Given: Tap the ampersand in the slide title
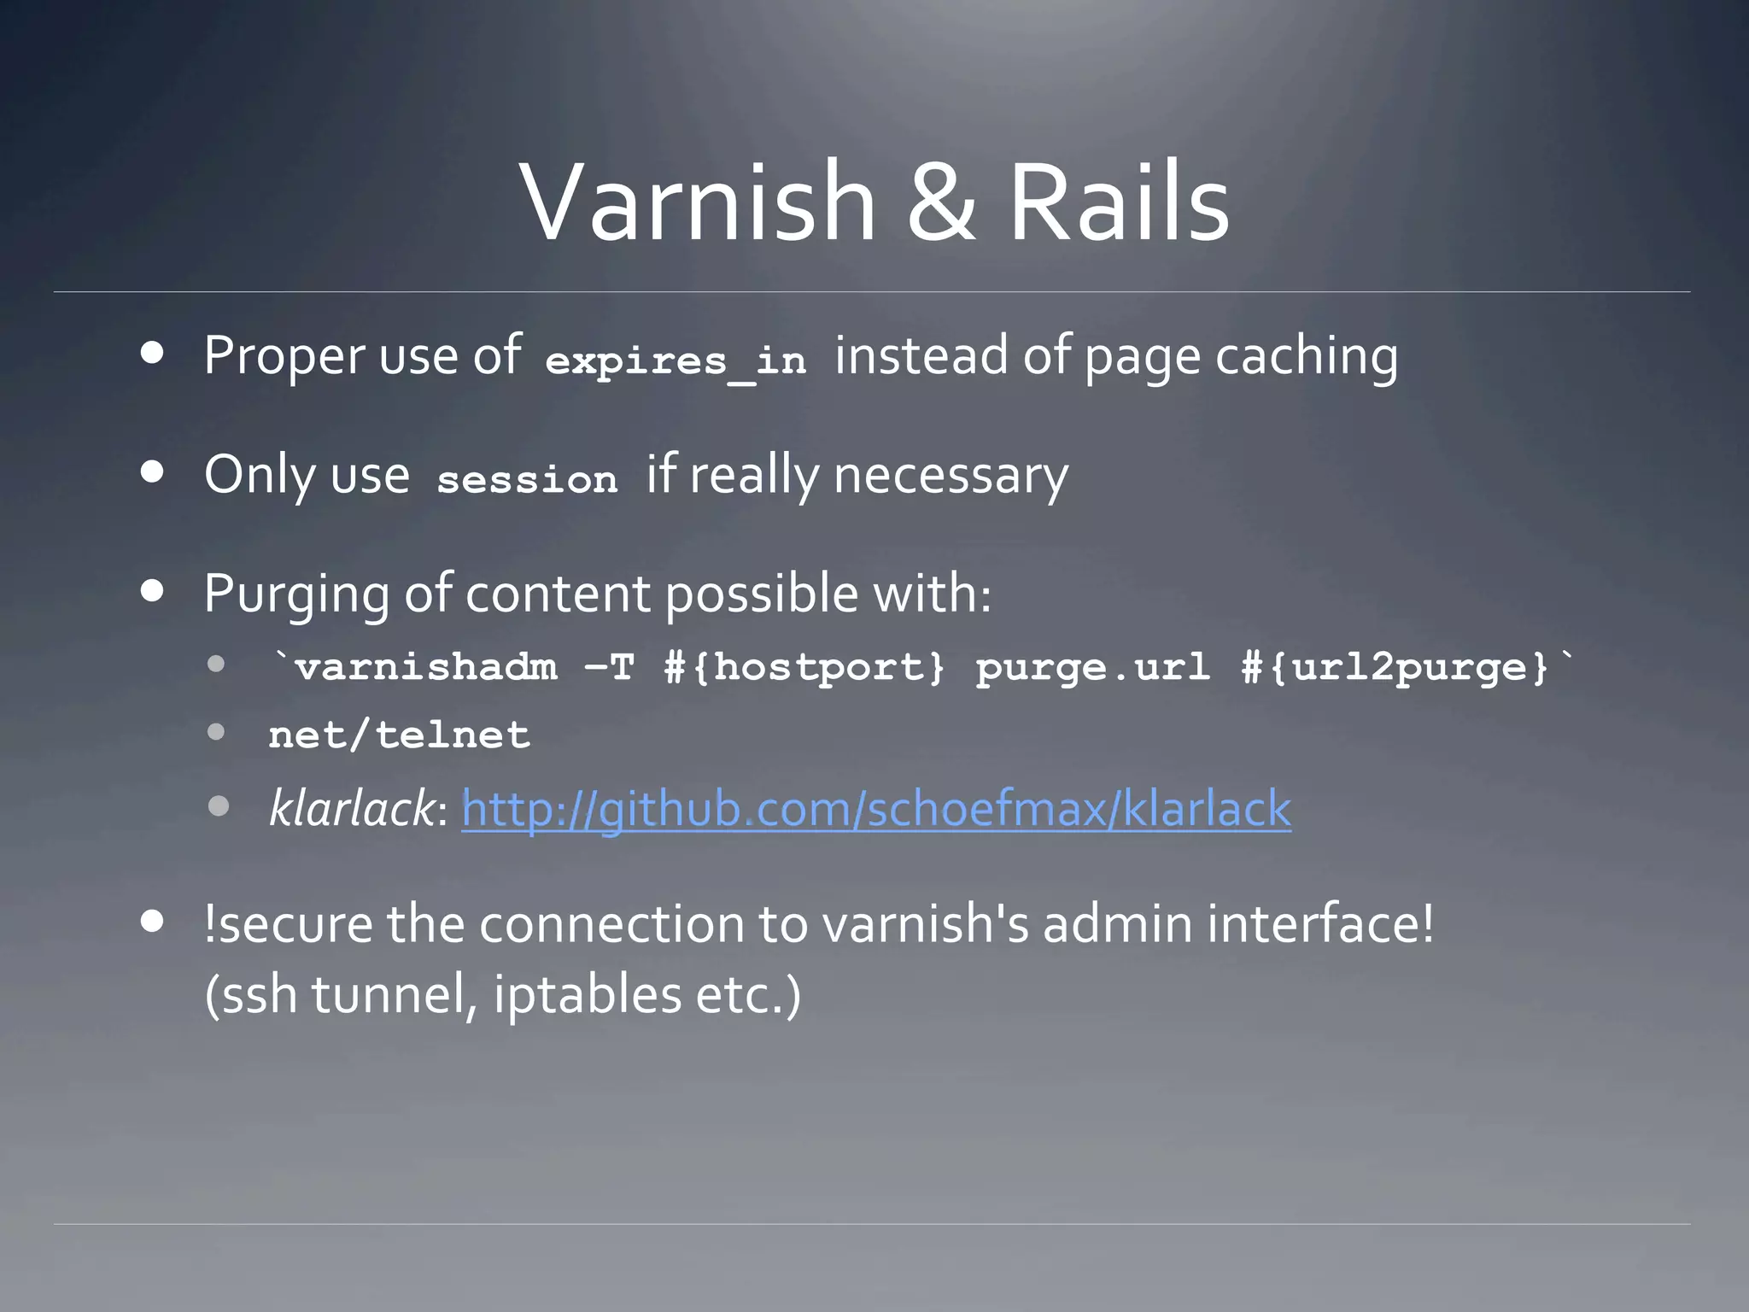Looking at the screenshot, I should coord(941,202).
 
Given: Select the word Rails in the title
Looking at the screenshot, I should coord(1119,202).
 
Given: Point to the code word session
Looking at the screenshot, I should coord(527,478).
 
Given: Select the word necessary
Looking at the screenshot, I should coord(951,475).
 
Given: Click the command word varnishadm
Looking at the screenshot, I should coord(426,667).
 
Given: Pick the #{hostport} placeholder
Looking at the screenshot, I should coord(805,667).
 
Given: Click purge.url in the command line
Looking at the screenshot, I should coord(1093,667).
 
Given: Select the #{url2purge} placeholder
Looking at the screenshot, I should coord(1395,667).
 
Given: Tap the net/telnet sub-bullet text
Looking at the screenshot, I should coord(399,735).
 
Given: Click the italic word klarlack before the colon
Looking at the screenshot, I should coord(351,808).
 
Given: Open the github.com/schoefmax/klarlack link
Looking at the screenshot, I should coord(876,809).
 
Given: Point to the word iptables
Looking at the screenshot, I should coord(587,995).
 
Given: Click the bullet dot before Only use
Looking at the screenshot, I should coord(153,471).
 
